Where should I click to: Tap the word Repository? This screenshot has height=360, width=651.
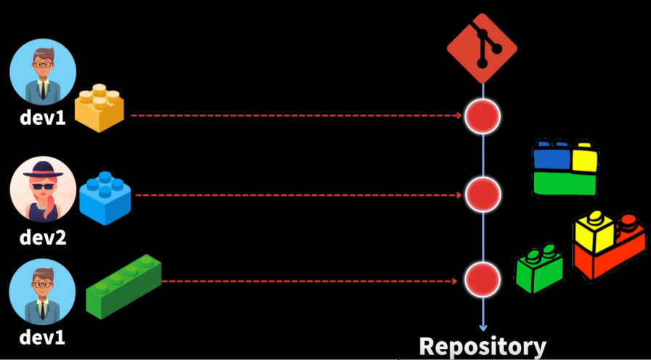[483, 346]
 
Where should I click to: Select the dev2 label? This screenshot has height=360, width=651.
[43, 237]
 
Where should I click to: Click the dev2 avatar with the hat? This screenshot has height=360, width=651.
[43, 190]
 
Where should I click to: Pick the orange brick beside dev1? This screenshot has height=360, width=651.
[99, 107]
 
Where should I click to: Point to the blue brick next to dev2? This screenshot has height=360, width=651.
[105, 196]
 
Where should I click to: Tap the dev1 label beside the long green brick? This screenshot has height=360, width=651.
[43, 337]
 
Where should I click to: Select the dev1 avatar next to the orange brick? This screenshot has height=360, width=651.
[43, 72]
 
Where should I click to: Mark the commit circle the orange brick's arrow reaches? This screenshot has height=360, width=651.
[483, 115]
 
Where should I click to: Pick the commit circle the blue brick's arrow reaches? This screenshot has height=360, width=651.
[483, 195]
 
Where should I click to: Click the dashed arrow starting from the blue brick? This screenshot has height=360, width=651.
[298, 195]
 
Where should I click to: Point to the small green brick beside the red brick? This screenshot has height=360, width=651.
[539, 271]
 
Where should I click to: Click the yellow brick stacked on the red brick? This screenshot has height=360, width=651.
[594, 231]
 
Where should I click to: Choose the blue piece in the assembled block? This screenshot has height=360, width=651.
[551, 157]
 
